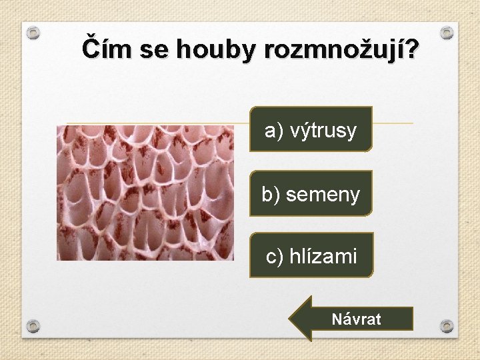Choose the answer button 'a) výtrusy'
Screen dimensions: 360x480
[311, 130]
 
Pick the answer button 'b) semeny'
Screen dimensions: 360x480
[311, 194]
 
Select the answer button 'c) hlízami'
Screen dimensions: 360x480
[311, 255]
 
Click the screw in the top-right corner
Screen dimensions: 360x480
[447, 32]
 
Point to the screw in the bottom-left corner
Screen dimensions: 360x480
[33, 326]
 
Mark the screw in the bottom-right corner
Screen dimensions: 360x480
[447, 326]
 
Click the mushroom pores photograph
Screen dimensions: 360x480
[145, 193]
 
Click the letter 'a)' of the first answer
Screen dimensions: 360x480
[272, 131]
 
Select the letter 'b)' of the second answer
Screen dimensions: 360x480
[270, 195]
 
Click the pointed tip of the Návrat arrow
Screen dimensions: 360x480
[291, 319]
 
